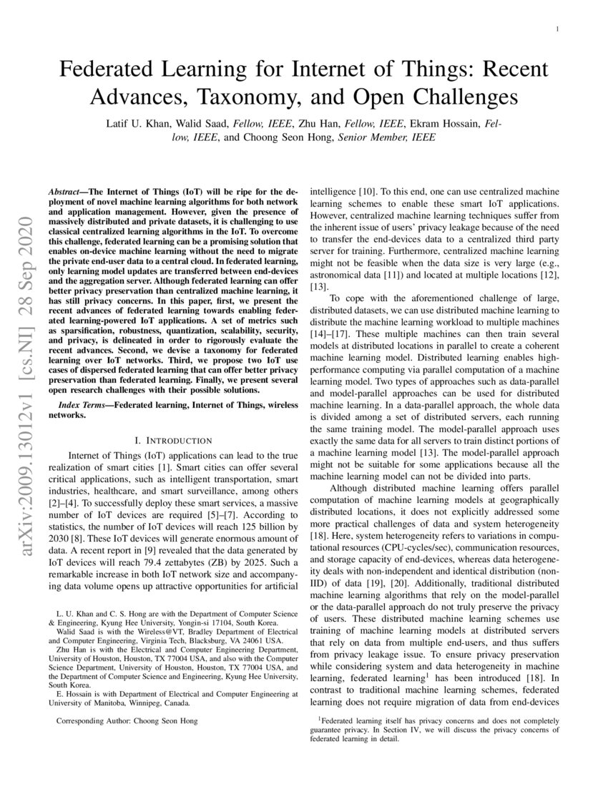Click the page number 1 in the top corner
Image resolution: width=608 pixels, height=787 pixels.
[556, 29]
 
